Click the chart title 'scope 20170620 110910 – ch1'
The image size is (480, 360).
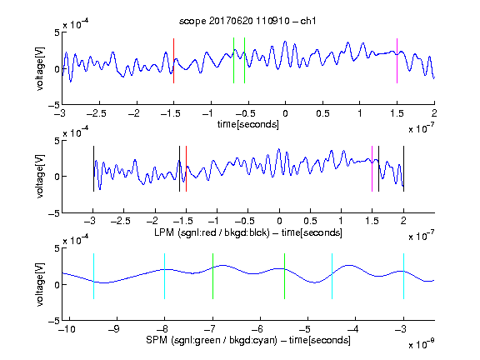(247, 21)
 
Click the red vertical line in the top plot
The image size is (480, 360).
(173, 61)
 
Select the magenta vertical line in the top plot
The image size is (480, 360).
(397, 61)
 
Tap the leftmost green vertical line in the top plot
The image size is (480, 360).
(233, 60)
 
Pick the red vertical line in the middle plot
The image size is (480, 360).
(186, 168)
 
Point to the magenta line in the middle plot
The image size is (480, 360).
(372, 168)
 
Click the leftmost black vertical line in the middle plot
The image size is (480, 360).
(93, 168)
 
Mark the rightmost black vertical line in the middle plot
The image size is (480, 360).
(403, 168)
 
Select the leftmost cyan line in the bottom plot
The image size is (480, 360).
(93, 276)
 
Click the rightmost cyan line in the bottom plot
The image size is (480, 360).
(403, 276)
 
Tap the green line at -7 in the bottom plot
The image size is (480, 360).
(212, 276)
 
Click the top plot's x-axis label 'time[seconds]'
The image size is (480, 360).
(248, 125)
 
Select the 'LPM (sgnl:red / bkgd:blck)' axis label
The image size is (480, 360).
(212, 232)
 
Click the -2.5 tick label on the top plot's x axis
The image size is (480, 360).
(96, 113)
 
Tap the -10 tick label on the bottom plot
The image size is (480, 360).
(67, 329)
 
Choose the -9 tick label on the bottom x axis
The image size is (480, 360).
(114, 329)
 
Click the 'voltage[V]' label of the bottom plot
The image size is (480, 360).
(40, 284)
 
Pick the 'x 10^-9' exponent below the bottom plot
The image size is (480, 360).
(422, 344)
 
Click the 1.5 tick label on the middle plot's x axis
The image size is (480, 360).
(372, 221)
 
